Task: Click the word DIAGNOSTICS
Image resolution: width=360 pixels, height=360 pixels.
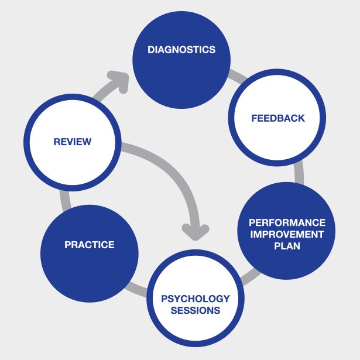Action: pyautogui.click(x=181, y=50)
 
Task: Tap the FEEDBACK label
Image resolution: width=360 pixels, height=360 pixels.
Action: pyautogui.click(x=278, y=118)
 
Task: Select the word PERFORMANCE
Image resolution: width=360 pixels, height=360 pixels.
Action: pyautogui.click(x=287, y=222)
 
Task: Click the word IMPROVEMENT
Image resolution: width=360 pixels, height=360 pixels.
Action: pyautogui.click(x=287, y=234)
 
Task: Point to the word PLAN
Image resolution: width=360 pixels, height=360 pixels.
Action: pyautogui.click(x=287, y=246)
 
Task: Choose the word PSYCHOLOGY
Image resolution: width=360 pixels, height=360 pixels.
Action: pyautogui.click(x=196, y=299)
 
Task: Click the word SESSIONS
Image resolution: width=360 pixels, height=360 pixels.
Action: pyautogui.click(x=196, y=310)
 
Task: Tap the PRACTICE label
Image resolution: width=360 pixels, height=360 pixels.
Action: pyautogui.click(x=90, y=245)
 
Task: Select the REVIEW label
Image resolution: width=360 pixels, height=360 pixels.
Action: pyautogui.click(x=73, y=142)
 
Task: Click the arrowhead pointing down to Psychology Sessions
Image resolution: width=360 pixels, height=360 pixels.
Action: pyautogui.click(x=196, y=232)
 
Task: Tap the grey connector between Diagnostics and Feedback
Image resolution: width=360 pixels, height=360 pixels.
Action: pyautogui.click(x=238, y=77)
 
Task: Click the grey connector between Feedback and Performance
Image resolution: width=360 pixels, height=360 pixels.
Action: pyautogui.click(x=299, y=173)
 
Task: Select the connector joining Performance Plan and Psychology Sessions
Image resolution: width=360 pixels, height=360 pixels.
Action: pyautogui.click(x=251, y=277)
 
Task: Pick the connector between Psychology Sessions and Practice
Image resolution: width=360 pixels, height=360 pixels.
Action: pyautogui.click(x=136, y=289)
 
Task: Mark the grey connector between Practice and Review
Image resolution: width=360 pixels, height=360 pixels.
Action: pyautogui.click(x=65, y=200)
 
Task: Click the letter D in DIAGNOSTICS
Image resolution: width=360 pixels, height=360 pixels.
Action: pyautogui.click(x=150, y=50)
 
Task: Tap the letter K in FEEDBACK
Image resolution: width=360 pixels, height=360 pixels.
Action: pyautogui.click(x=301, y=118)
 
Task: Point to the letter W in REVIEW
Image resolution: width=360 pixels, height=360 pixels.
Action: pyautogui.click(x=86, y=142)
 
